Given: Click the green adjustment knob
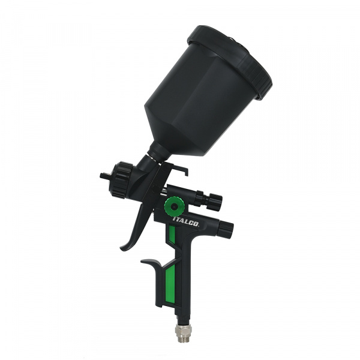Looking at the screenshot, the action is pos(174,206).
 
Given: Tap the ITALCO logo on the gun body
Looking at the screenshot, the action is pos(185,222).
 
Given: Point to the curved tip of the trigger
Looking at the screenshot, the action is pos(123,248).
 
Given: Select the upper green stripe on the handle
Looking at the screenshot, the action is pos(172,235).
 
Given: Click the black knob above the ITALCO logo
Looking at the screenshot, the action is pos(215,200).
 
